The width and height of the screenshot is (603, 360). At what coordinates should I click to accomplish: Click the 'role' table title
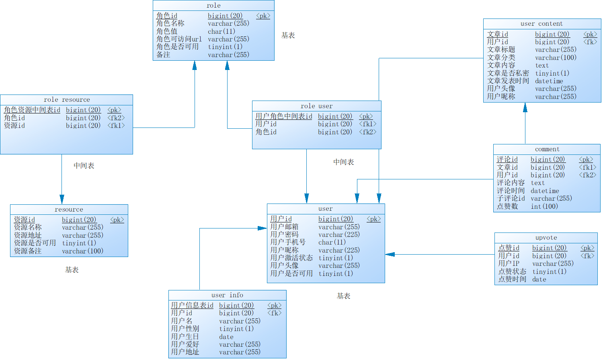coord(213,6)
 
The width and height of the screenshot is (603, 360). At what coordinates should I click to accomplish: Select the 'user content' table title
coord(541,24)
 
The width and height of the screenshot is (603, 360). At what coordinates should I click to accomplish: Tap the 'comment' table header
coord(547,149)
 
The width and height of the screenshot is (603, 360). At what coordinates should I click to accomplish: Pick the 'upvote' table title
coord(546,238)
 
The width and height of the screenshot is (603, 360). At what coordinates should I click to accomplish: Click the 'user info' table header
coord(227,295)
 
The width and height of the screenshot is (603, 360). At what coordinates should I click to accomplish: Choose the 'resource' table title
coord(69,210)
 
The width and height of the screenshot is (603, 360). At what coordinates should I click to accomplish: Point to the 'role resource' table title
coord(67,100)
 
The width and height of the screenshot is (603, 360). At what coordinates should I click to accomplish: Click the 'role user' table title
coord(316,106)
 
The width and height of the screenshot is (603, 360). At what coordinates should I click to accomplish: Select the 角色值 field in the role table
coord(167,31)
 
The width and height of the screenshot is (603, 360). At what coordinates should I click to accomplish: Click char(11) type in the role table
coord(221,31)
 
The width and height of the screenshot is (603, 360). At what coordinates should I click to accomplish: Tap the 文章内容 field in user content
coord(501,65)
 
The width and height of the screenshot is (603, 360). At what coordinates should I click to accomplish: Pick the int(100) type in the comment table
coord(544,206)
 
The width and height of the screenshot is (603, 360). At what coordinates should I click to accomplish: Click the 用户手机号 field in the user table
coord(287,242)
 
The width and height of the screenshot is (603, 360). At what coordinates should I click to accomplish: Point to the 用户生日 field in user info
coord(185,337)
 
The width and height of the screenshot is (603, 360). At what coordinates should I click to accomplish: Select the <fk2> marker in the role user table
coord(367,132)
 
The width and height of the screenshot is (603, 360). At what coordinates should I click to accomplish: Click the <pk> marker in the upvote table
coord(587,248)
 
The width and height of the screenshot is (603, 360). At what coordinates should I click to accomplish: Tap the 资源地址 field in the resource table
coord(28,235)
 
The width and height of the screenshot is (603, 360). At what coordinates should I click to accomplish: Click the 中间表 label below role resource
coord(84,166)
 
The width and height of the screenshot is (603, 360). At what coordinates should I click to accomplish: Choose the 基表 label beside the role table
coord(288,35)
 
